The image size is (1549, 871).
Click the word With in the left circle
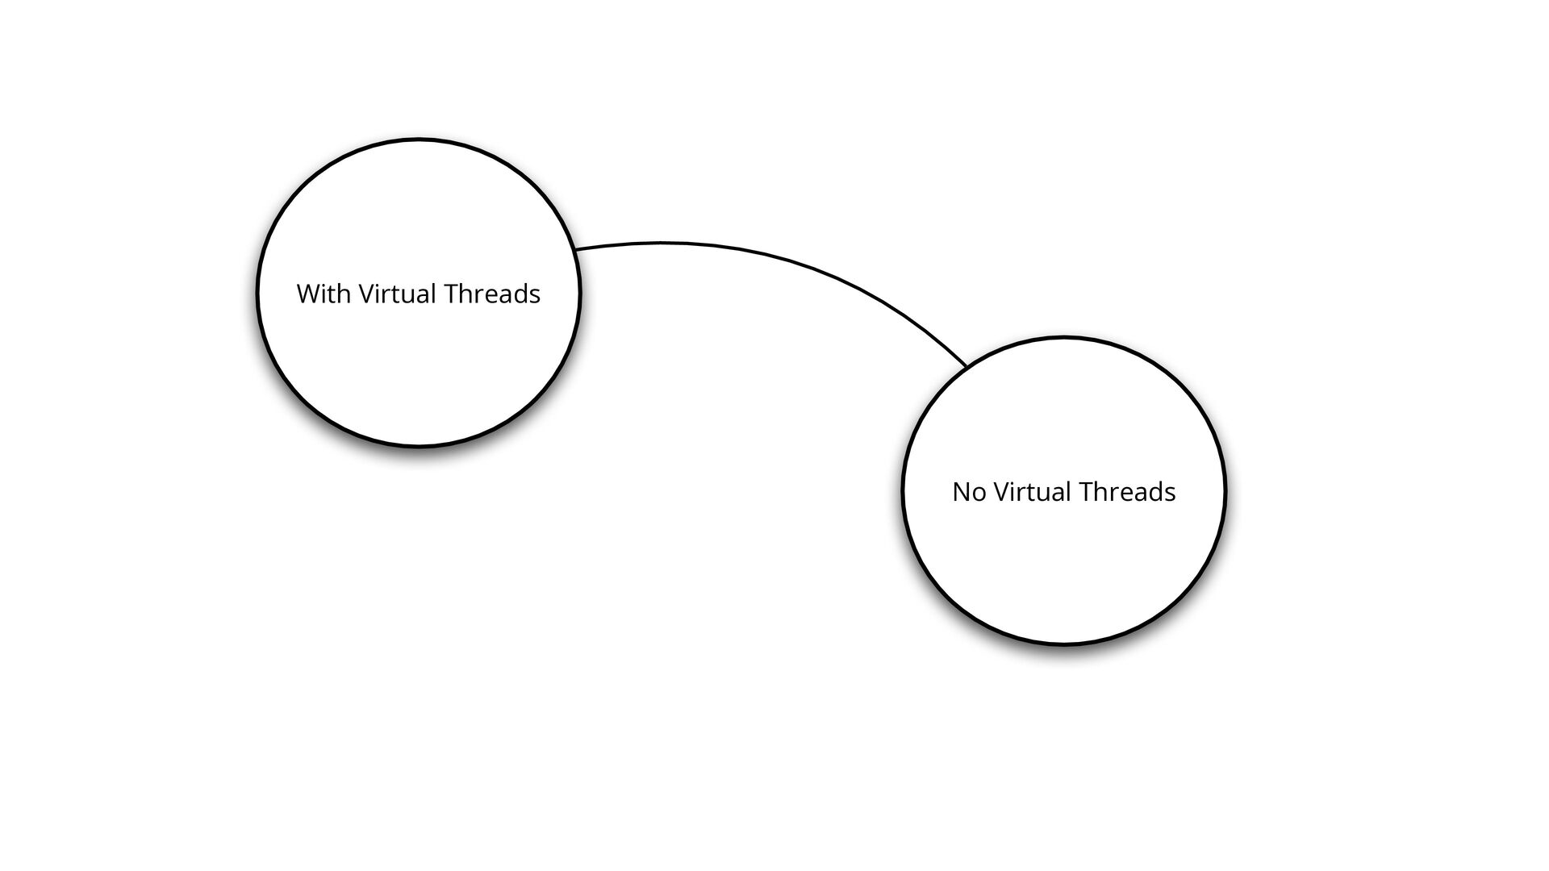[x=324, y=294]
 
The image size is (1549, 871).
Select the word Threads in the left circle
[x=492, y=294]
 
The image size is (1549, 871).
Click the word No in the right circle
[x=969, y=492]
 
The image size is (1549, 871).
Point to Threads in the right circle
[x=1128, y=492]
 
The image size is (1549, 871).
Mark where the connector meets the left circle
[x=575, y=250]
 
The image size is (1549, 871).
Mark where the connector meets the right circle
[x=967, y=367]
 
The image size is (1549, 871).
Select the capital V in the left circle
[x=365, y=294]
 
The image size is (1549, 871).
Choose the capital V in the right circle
[x=1001, y=492]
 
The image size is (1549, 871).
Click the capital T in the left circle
[x=450, y=294]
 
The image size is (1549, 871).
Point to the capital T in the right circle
[x=1086, y=492]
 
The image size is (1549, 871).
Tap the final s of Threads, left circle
[x=535, y=295]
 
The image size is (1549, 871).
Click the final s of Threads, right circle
[x=1171, y=494]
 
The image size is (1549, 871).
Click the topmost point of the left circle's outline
[x=419, y=140]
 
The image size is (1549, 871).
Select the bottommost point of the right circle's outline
[x=1063, y=644]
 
